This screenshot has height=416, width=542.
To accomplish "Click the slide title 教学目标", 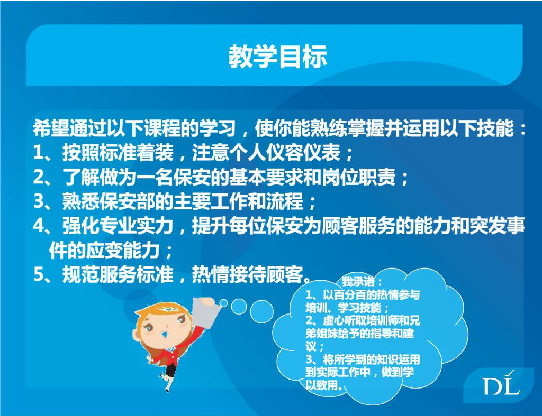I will pyautogui.click(x=277, y=56).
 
